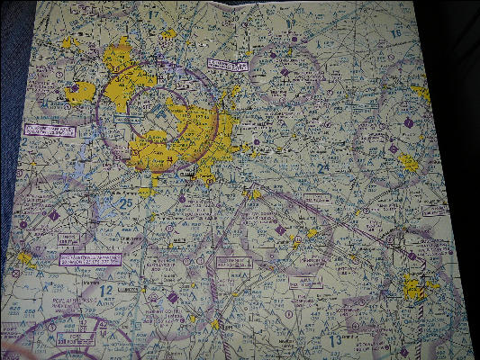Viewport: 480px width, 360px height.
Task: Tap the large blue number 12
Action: [x=106, y=291]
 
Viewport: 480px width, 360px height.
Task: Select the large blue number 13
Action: [x=335, y=340]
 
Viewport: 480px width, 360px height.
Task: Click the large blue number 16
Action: [x=395, y=32]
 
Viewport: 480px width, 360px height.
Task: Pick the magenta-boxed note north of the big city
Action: [x=229, y=64]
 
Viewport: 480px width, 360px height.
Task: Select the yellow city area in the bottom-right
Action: [x=417, y=289]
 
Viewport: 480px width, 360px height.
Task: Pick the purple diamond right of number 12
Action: [x=172, y=298]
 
